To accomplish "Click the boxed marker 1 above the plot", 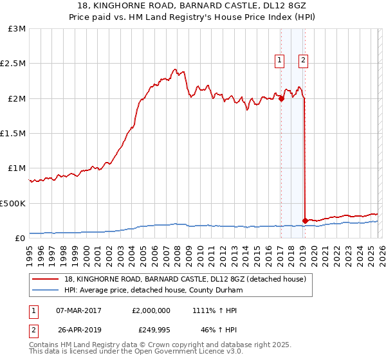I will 280,61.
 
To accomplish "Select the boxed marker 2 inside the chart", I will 303,61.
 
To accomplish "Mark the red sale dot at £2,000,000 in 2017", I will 281,98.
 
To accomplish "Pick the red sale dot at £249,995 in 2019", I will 305,221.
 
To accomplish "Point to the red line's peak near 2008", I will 174,68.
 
